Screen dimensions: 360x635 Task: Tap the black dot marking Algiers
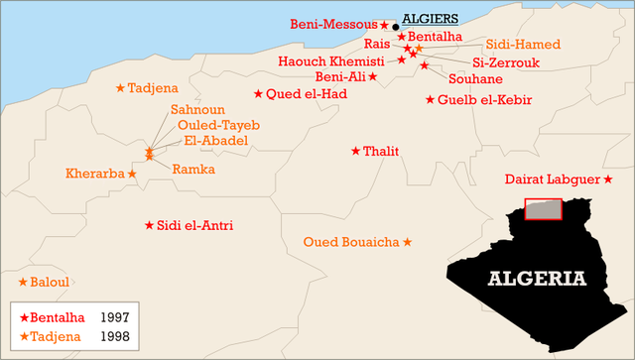click(x=396, y=27)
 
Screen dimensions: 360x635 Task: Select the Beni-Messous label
click(x=334, y=23)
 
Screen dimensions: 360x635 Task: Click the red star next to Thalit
click(x=355, y=151)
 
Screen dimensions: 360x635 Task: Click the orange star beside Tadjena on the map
click(x=120, y=88)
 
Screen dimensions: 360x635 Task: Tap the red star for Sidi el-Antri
click(x=149, y=225)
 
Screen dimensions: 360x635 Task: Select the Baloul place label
click(x=50, y=282)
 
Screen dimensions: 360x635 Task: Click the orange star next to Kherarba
click(x=132, y=174)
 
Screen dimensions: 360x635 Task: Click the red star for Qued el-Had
click(x=258, y=94)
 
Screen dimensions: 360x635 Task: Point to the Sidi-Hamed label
click(x=523, y=45)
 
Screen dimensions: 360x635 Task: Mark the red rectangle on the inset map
click(x=543, y=209)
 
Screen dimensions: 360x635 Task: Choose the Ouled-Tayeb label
click(x=218, y=125)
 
